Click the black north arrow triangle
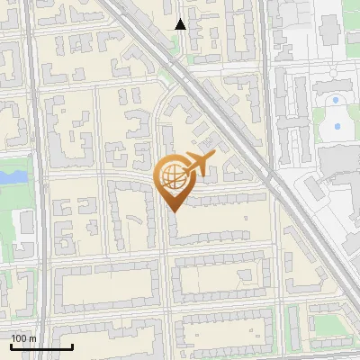point(181,24)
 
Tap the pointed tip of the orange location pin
point(173,211)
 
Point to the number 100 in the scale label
point(19,338)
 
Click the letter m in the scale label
point(33,338)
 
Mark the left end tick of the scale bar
point(11,346)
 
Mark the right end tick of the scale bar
point(72,346)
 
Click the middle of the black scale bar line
point(41,347)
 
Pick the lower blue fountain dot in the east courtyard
point(337,126)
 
